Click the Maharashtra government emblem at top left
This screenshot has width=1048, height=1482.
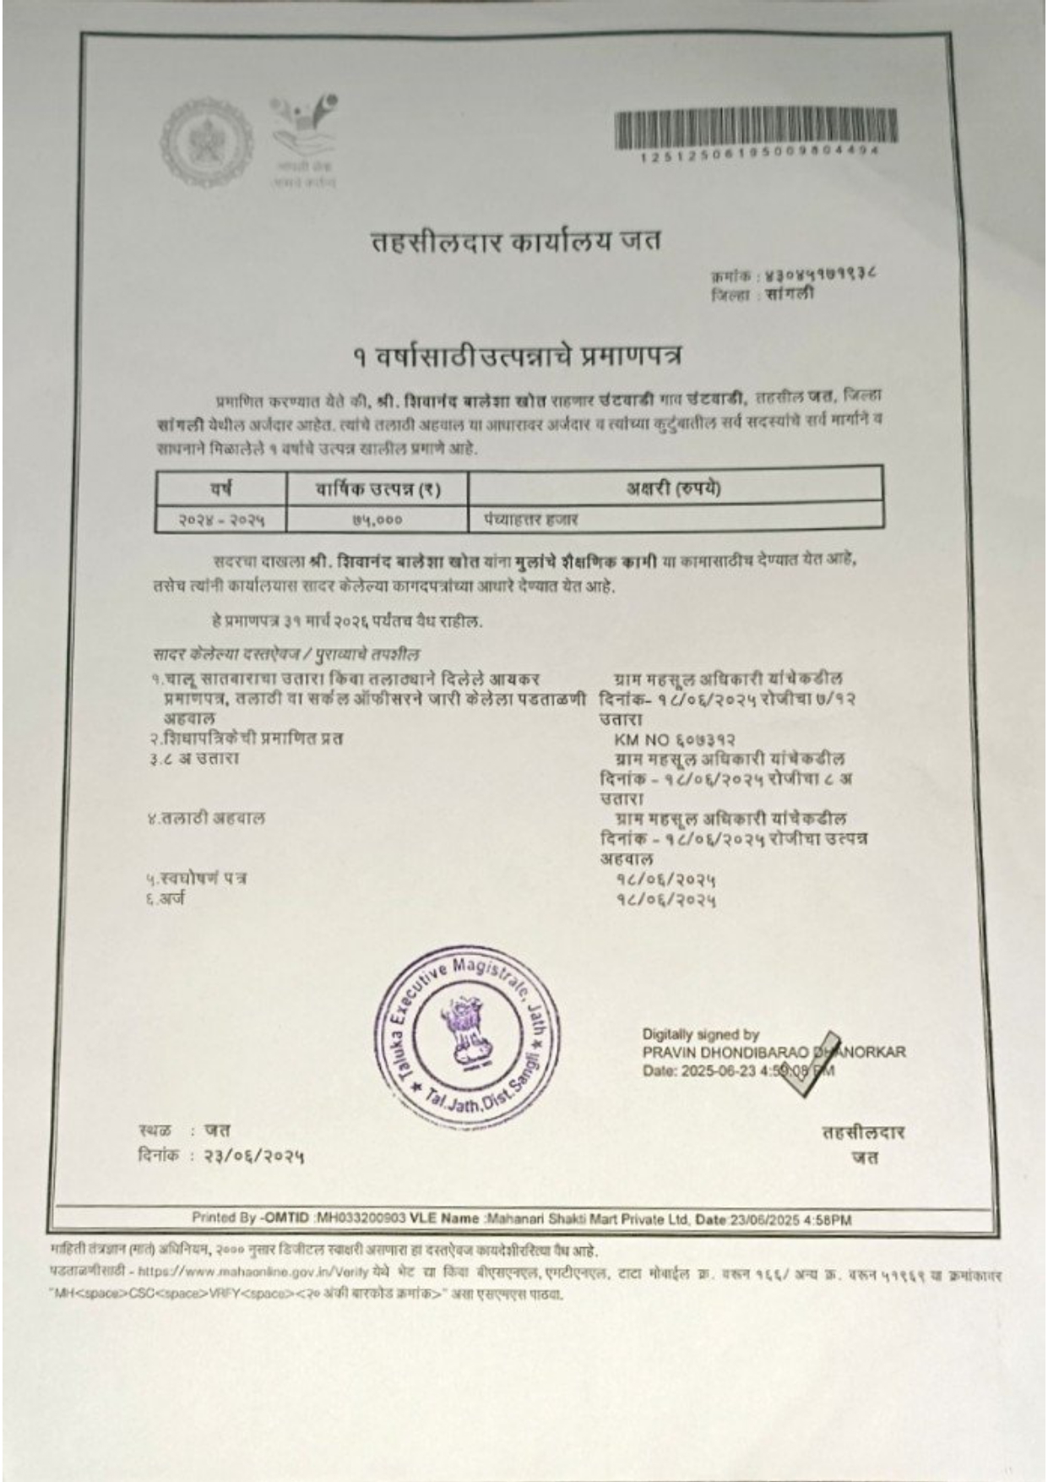click(x=206, y=138)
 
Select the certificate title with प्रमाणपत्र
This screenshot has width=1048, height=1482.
click(x=517, y=357)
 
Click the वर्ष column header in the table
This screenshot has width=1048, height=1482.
click(x=221, y=488)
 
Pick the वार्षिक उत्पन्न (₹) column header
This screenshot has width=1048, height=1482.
click(x=377, y=488)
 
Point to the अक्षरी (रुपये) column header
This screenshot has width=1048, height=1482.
click(x=674, y=487)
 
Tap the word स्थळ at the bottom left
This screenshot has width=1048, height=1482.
click(x=155, y=1131)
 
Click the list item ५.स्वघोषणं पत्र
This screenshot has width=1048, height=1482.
click(x=194, y=879)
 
